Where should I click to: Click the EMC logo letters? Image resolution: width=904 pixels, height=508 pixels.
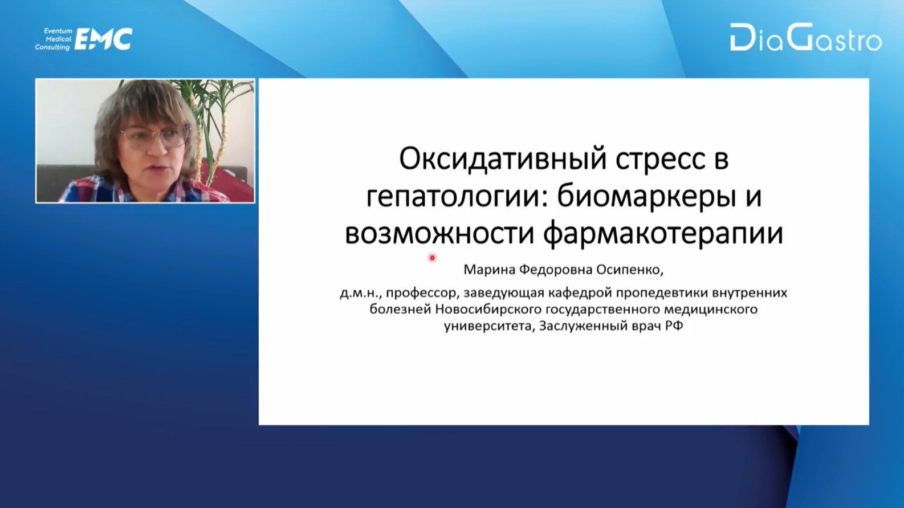coord(104,39)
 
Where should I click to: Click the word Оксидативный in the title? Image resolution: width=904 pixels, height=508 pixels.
coord(503,160)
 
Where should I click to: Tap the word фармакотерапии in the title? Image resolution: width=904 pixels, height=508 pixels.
coord(663,235)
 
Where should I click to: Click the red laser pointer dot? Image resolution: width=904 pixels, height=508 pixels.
coord(432,258)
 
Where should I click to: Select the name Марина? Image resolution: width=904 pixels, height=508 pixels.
coord(489,270)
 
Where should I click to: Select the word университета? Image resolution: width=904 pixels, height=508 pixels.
coord(489,326)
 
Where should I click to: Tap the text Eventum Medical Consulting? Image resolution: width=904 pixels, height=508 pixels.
coord(53,39)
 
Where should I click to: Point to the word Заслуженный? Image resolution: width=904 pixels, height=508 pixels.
coord(584,326)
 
